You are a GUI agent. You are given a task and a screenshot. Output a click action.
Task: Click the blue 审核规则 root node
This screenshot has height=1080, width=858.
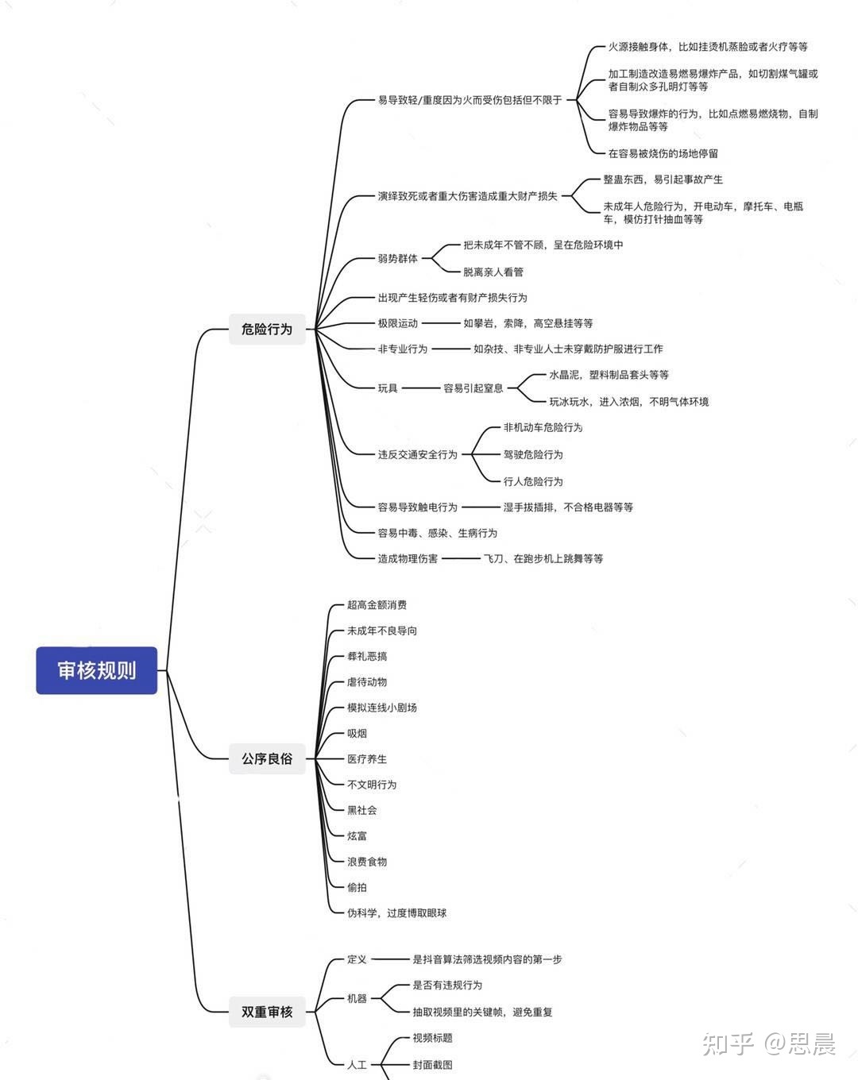96,670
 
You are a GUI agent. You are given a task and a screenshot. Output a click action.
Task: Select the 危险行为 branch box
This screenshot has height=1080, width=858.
267,329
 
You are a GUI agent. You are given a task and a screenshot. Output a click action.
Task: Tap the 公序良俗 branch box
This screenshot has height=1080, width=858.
267,758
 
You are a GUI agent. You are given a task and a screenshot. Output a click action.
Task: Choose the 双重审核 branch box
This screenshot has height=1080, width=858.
267,1012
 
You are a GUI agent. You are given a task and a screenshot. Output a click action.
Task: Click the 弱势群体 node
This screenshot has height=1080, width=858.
397,258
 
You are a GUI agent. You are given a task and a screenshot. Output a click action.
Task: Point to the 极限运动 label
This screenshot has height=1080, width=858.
397,323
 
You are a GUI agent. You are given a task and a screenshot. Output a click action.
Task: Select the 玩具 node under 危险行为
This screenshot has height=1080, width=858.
388,388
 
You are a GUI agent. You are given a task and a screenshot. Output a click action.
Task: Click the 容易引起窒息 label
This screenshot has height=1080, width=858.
473,388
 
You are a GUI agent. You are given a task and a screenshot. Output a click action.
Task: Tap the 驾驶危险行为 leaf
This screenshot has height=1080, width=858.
532,454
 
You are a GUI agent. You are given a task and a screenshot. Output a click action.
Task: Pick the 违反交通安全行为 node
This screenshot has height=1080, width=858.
417,454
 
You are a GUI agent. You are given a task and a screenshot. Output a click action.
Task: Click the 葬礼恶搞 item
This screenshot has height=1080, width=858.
367,656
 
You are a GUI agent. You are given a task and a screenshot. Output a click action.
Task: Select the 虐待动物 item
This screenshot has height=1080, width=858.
367,681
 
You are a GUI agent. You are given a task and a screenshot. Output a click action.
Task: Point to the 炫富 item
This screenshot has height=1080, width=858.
357,835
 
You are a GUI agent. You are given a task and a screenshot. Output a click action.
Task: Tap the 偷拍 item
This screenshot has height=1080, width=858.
357,887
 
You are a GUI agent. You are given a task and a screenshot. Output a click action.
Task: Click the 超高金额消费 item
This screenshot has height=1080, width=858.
377,604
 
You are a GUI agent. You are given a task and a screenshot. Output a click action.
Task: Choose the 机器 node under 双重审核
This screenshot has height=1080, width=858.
357,998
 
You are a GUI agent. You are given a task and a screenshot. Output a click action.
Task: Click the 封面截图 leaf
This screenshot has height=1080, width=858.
432,1064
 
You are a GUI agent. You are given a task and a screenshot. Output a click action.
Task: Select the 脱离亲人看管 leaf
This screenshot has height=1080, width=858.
493,272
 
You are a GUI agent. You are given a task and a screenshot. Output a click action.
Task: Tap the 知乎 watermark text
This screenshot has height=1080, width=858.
728,1043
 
